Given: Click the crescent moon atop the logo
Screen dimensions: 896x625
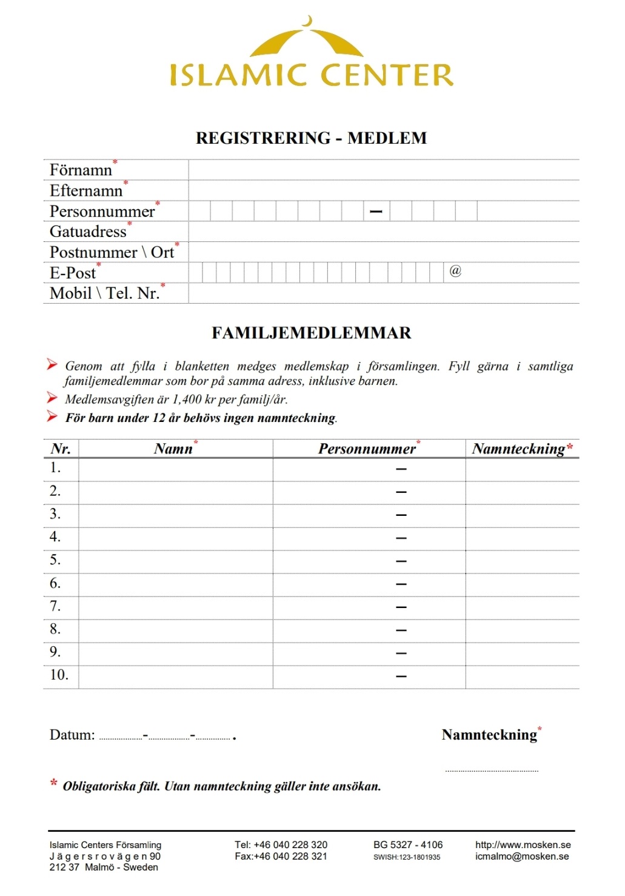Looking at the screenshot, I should [x=309, y=22].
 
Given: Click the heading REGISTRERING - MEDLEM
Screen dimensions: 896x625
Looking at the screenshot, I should [x=311, y=138].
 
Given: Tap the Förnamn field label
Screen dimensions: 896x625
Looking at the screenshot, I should [x=81, y=170].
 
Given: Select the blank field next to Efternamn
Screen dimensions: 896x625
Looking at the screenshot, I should [x=383, y=190].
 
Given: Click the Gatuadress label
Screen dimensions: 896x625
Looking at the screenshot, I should [x=88, y=232].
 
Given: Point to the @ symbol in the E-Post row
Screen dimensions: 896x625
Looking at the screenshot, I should [x=455, y=271].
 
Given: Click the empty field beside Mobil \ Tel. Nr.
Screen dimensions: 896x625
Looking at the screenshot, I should [x=383, y=293].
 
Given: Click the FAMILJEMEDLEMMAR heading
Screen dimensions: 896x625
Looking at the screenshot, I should [x=311, y=333].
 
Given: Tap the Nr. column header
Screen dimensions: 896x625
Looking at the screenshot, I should [x=61, y=449].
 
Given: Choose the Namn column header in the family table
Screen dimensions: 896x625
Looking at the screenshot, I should [x=173, y=449].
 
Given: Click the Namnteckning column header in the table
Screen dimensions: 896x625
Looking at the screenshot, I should [x=519, y=449].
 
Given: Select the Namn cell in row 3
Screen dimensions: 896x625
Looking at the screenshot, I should [x=175, y=515].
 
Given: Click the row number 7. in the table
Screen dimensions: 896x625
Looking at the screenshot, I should [x=55, y=606].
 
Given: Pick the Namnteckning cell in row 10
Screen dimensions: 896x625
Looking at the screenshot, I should [x=522, y=677].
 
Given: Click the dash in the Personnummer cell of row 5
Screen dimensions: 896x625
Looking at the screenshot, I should [x=401, y=561].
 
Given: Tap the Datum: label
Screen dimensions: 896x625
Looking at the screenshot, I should [x=72, y=735].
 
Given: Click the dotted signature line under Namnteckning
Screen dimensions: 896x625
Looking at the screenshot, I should [x=492, y=771].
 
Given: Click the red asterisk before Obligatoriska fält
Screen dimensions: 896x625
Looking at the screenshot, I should [x=54, y=784].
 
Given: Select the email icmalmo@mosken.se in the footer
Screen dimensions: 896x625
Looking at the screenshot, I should [x=522, y=857].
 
